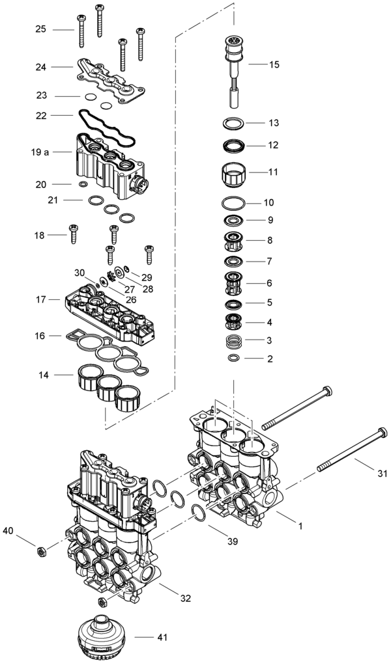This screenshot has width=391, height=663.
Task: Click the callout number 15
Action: (x=274, y=64)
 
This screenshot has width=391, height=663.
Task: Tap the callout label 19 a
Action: (x=40, y=152)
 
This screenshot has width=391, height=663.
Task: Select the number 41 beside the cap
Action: (x=162, y=637)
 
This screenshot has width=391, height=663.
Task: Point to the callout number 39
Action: (x=233, y=541)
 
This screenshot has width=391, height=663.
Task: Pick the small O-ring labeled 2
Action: (x=233, y=359)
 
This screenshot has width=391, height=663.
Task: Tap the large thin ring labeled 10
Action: (x=233, y=204)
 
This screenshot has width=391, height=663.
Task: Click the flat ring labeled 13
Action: (x=234, y=124)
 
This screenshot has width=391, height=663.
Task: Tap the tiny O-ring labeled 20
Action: (x=83, y=184)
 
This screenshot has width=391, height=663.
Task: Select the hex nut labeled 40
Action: (x=42, y=551)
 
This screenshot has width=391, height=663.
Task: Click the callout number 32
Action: (x=186, y=599)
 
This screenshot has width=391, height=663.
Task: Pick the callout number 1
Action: (x=300, y=526)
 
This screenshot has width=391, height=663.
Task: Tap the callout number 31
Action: (x=383, y=474)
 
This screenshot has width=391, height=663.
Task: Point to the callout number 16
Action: (x=40, y=336)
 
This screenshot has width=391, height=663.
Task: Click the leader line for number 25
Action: (x=63, y=29)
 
